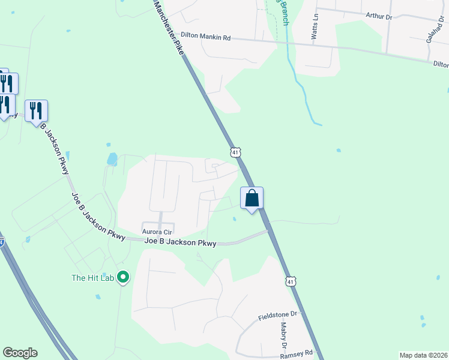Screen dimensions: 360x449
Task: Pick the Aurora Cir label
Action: (156, 231)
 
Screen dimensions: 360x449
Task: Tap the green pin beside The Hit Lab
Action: (123, 277)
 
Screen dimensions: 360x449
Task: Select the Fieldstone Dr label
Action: (278, 315)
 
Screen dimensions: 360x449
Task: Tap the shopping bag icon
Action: (252, 197)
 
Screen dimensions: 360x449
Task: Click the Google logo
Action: (20, 353)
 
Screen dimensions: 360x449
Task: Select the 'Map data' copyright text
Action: (423, 355)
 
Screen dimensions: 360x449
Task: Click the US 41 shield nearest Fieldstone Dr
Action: (291, 281)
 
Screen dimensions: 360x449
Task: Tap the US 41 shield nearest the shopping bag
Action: (236, 152)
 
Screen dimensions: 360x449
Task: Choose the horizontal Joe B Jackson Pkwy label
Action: (180, 242)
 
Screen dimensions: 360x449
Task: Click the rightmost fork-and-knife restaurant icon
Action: (36, 110)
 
